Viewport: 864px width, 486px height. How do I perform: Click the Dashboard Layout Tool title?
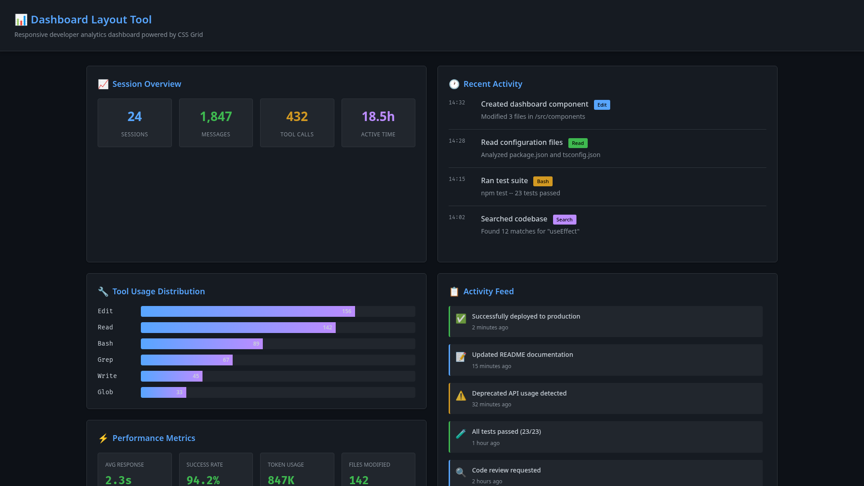[x=91, y=20]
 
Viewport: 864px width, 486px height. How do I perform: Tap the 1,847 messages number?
[x=216, y=117]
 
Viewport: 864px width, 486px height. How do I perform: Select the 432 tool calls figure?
[x=297, y=117]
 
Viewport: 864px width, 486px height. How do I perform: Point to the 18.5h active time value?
[x=378, y=117]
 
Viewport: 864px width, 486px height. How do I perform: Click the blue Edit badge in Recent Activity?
[x=602, y=105]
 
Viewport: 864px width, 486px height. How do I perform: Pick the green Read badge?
[x=578, y=143]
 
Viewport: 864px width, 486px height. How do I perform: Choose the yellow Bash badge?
[x=543, y=181]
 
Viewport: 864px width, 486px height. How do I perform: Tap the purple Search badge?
[x=564, y=220]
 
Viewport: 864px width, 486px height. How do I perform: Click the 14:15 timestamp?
[x=457, y=179]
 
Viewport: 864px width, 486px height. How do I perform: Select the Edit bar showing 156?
[x=247, y=311]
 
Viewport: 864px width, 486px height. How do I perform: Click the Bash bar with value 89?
[x=202, y=344]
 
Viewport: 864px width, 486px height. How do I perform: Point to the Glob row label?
[x=105, y=392]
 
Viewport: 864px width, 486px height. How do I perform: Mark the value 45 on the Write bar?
[x=196, y=376]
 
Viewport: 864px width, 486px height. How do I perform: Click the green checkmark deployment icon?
[x=461, y=319]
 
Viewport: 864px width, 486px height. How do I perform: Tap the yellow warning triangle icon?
[x=461, y=396]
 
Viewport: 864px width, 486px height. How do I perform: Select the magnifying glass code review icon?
[x=461, y=472]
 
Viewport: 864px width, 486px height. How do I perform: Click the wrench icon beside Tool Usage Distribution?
[x=103, y=292]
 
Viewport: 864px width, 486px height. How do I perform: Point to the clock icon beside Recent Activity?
[x=454, y=84]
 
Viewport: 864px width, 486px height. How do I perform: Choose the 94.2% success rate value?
[x=203, y=480]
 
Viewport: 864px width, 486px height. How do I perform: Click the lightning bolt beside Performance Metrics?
[x=103, y=438]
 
